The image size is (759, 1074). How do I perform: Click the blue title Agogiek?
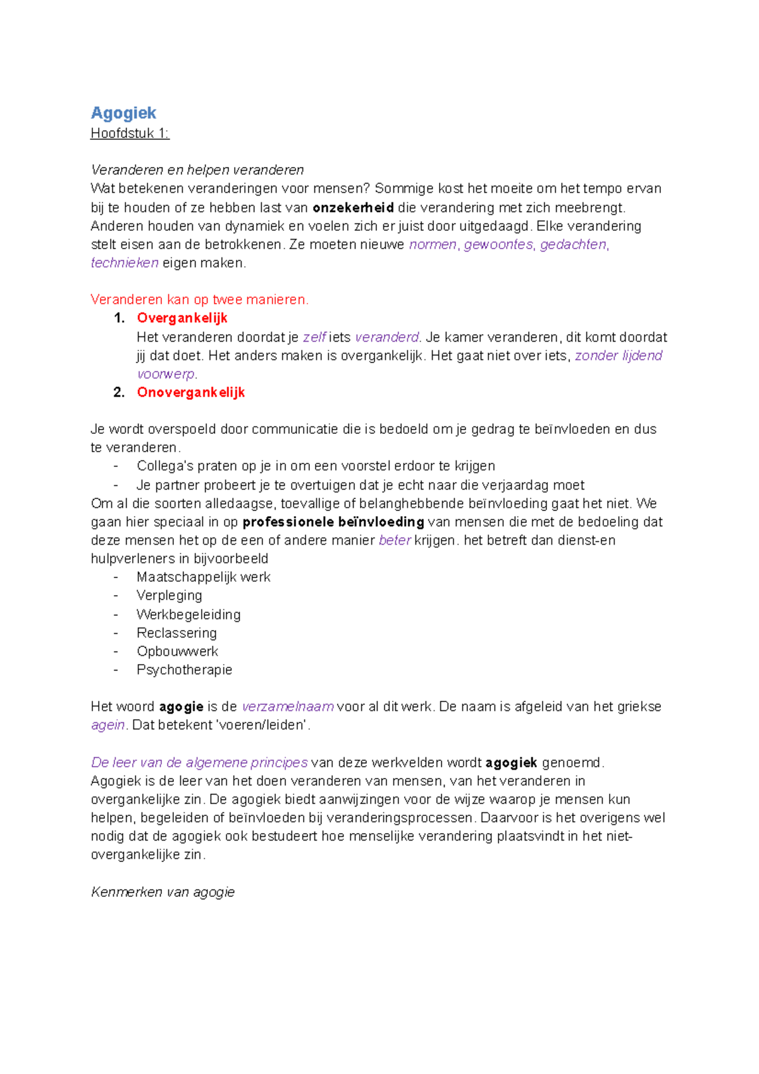123,113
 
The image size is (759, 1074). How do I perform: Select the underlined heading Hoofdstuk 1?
130,133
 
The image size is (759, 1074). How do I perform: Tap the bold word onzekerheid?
353,207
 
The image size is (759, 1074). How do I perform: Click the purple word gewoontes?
498,245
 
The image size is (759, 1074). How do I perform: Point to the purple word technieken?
125,263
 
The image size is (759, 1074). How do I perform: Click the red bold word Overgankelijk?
182,318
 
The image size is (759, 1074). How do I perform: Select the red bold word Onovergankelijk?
190,392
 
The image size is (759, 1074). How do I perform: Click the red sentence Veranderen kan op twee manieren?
199,300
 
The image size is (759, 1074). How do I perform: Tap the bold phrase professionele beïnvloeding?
333,522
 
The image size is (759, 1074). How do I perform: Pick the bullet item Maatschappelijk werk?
203,577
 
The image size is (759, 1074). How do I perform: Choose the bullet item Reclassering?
176,633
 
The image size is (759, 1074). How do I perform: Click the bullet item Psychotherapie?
184,670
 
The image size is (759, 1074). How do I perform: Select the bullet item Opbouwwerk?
177,651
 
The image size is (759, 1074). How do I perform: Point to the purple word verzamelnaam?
288,707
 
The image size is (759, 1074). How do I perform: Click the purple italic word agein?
108,725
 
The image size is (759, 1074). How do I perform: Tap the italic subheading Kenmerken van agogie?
163,892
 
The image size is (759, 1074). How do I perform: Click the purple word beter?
395,540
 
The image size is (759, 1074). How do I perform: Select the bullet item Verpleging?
169,595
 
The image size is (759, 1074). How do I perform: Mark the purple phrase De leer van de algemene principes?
199,762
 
